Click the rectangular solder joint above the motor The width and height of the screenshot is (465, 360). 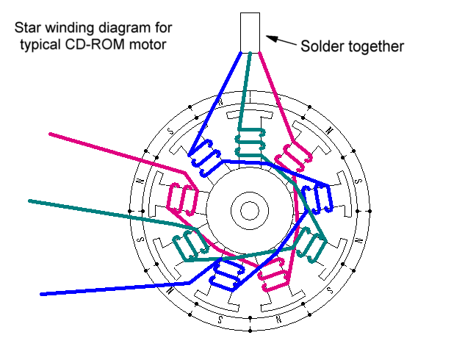[x=250, y=32]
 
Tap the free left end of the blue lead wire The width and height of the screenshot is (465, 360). [x=41, y=295]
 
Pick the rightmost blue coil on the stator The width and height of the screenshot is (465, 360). [x=317, y=198]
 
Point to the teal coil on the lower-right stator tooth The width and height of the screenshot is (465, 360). [x=309, y=245]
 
